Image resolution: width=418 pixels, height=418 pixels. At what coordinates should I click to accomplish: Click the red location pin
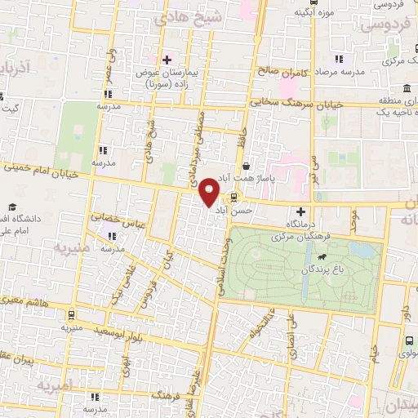(210, 192)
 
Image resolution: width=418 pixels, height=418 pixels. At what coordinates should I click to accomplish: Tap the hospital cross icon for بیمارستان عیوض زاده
(167, 59)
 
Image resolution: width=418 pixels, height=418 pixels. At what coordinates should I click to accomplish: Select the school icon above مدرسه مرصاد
(339, 59)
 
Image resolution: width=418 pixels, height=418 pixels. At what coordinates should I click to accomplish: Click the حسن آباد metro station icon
(234, 197)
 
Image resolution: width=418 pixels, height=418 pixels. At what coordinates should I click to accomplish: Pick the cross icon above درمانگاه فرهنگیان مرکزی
(300, 211)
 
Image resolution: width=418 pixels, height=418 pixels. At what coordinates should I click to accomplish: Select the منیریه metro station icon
(71, 314)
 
